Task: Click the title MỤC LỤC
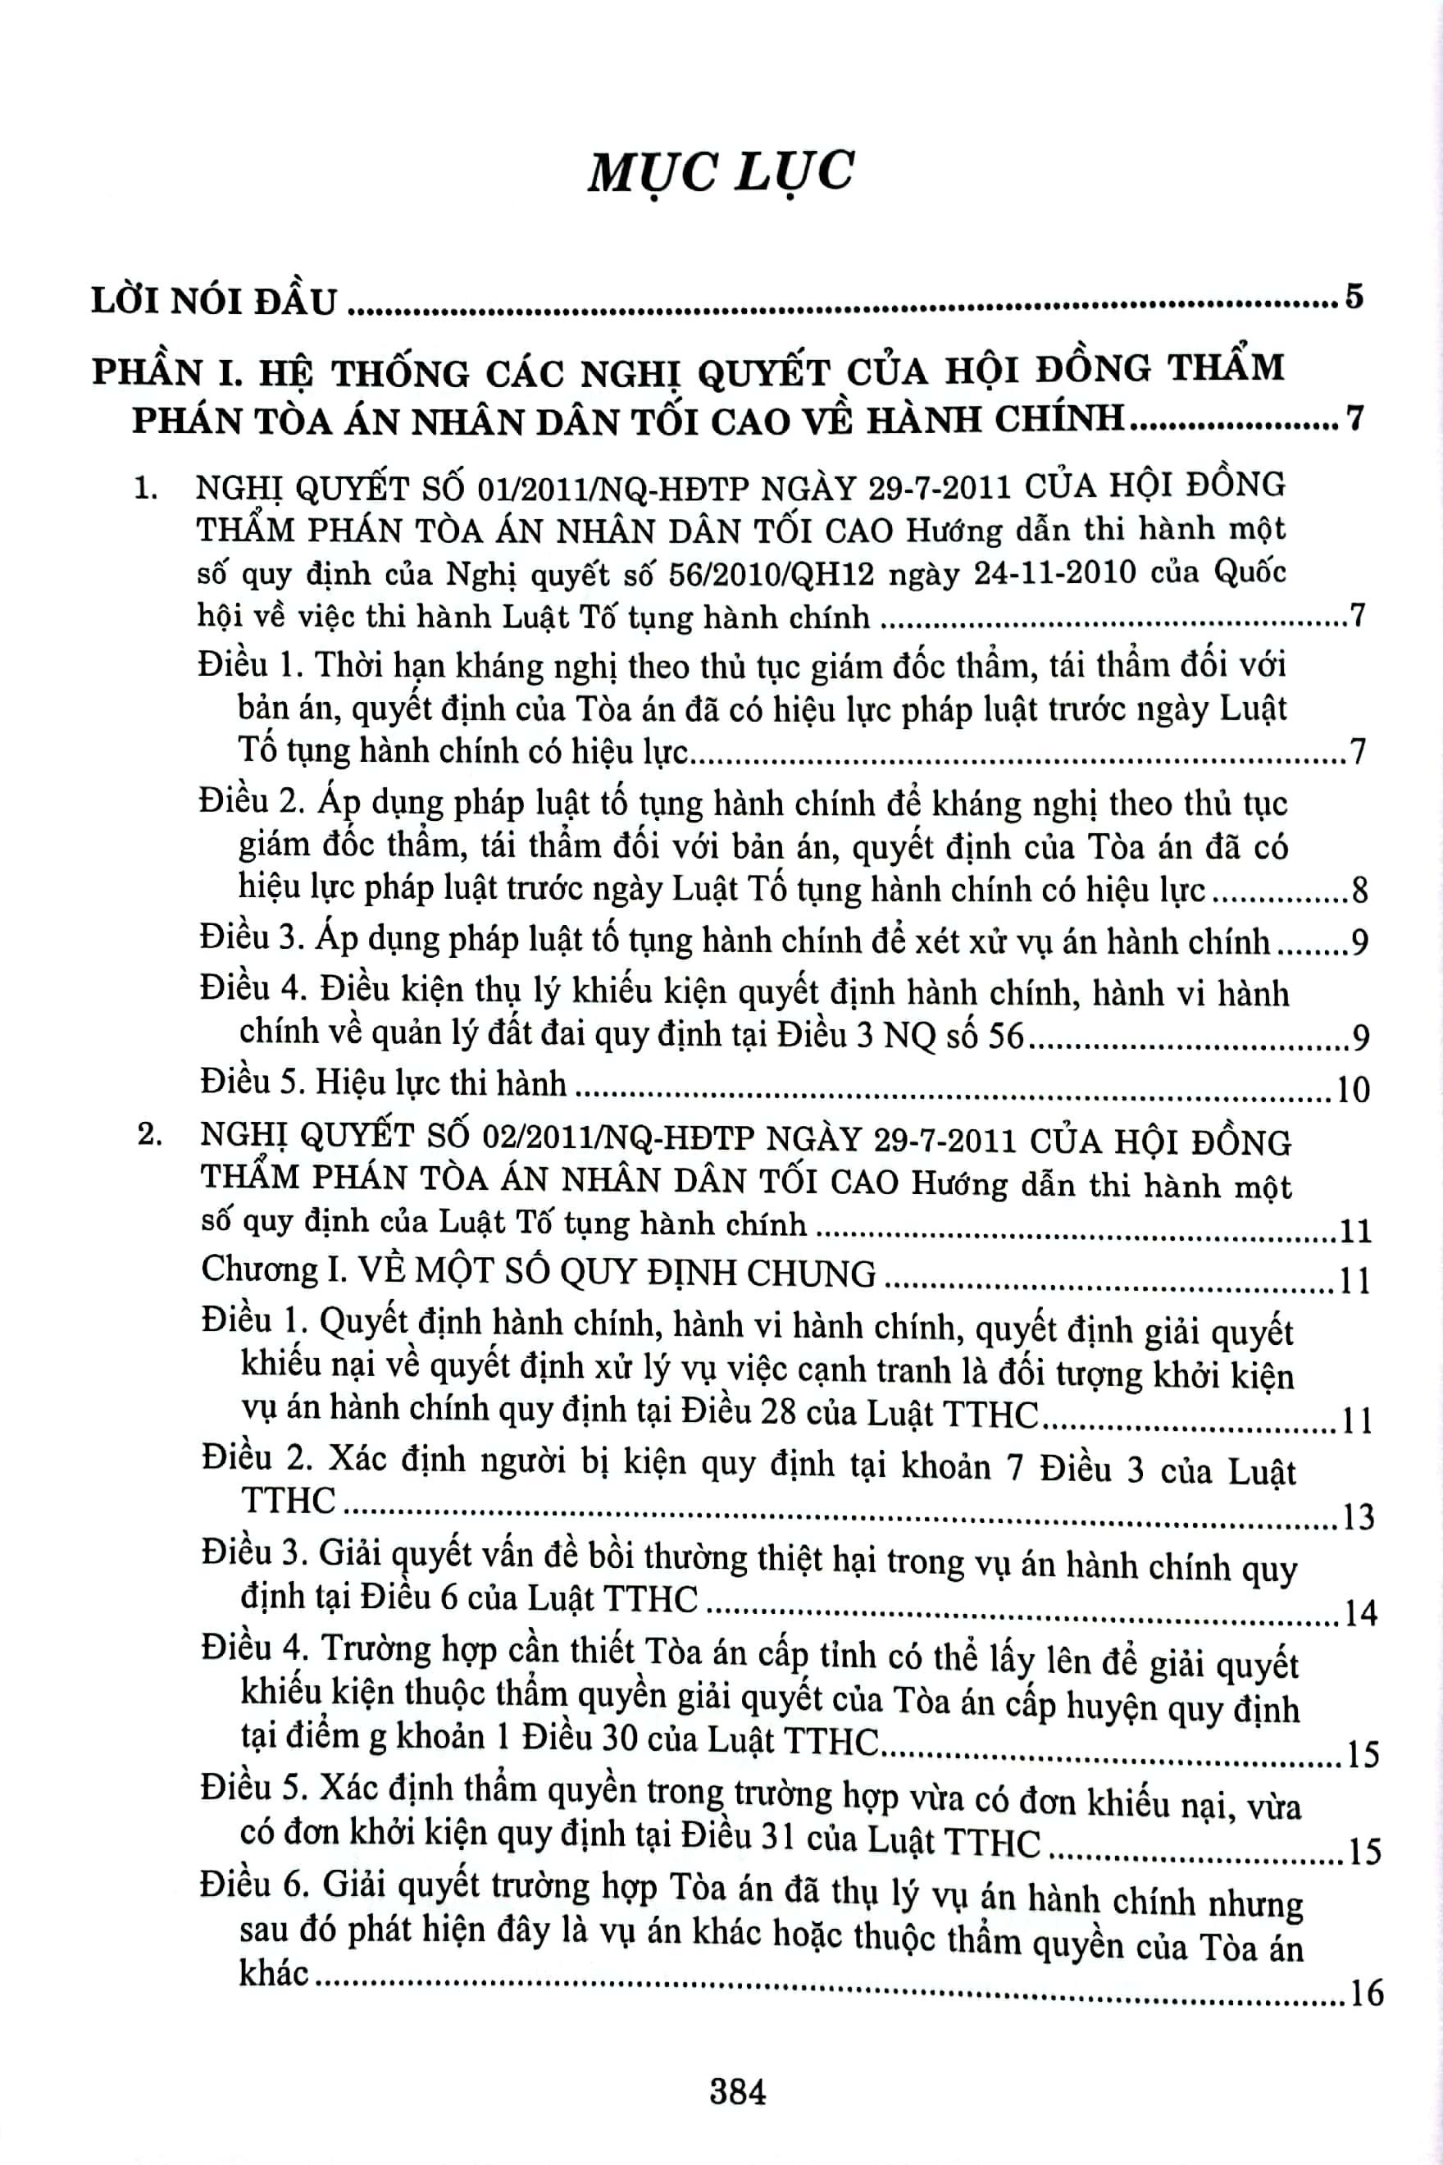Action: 721,172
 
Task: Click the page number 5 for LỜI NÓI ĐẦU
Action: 1353,298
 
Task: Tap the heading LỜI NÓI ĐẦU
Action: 215,302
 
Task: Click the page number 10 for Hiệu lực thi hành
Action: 1353,1090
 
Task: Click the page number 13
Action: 1358,1516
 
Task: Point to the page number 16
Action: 1366,1993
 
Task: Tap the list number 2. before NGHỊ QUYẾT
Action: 149,1136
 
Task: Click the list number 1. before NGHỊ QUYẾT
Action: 146,488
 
